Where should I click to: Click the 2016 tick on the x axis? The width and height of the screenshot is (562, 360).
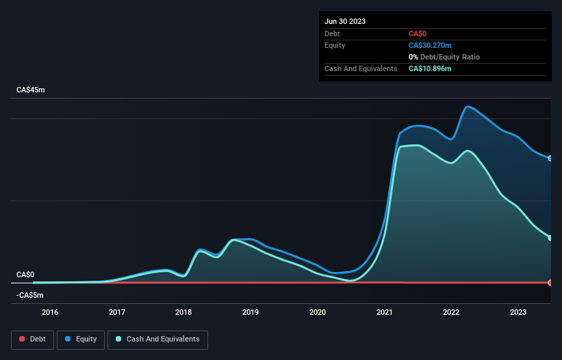[50, 312]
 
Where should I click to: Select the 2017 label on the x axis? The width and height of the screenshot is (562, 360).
[117, 312]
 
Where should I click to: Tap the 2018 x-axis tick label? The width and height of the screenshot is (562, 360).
[183, 312]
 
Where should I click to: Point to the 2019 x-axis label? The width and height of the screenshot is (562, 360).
[251, 312]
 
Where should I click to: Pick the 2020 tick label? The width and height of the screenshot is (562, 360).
[318, 312]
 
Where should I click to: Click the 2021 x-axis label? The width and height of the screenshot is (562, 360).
[385, 312]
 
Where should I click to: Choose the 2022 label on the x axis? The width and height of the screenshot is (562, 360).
[451, 312]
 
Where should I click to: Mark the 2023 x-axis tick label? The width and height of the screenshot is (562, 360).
[518, 312]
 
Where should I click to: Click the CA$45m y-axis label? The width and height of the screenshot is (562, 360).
[30, 90]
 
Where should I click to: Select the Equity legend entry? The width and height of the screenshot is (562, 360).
[81, 339]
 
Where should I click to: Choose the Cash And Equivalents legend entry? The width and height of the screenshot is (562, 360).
[157, 339]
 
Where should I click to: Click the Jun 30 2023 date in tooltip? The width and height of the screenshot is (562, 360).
[345, 21]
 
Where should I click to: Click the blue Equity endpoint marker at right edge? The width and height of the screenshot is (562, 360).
[550, 158]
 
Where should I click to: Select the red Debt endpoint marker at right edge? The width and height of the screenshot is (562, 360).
[550, 283]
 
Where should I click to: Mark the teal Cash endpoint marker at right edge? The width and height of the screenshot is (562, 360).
[550, 237]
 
